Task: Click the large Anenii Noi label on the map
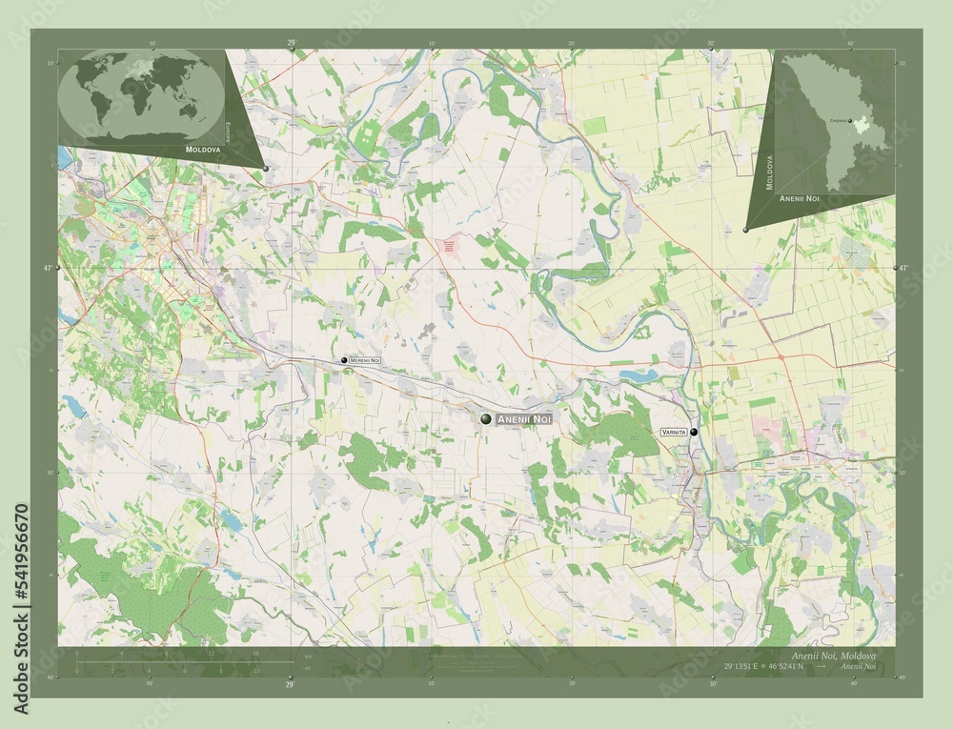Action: (523, 419)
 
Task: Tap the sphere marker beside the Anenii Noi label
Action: (485, 419)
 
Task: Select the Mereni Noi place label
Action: (365, 360)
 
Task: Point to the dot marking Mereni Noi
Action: (344, 360)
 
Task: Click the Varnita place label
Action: (673, 432)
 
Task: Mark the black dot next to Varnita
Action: (694, 432)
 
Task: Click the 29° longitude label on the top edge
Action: (291, 43)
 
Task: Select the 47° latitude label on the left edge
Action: (48, 269)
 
